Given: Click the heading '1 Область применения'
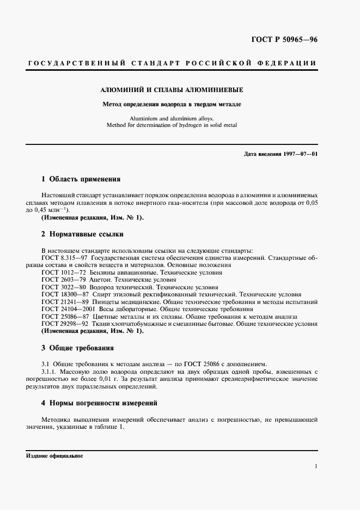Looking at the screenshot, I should click(81, 179).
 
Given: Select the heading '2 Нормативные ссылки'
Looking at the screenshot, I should click(82, 234).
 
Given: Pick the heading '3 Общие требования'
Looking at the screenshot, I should click(78, 348).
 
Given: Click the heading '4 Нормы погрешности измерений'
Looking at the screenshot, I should click(100, 403).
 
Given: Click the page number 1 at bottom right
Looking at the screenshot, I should click(316, 466).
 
